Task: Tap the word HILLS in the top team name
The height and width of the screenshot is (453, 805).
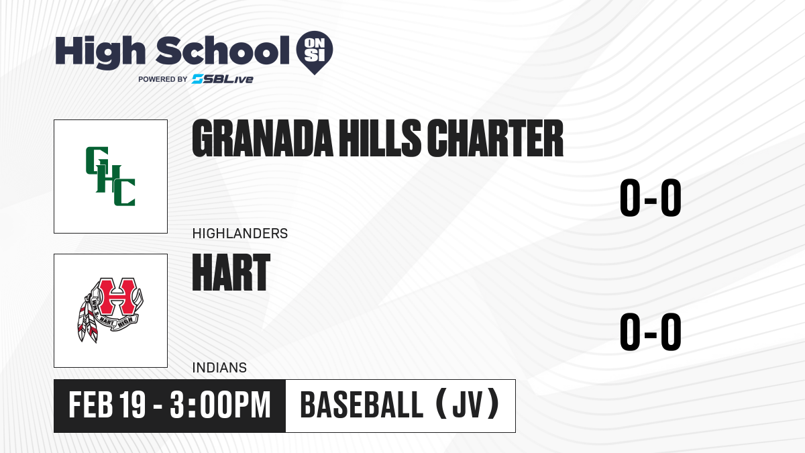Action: pos(380,138)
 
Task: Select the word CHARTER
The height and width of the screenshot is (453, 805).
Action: pos(495,138)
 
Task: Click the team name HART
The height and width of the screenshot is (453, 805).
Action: pos(231,272)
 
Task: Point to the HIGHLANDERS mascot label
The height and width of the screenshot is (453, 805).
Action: pos(240,234)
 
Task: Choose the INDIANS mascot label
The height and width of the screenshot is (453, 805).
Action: pos(219,368)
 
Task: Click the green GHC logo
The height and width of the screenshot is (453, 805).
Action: pos(110,176)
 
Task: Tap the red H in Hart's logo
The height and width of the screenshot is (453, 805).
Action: pos(117,296)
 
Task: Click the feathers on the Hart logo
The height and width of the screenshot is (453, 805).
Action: pos(88,320)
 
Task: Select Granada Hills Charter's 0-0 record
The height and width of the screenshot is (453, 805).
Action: pos(651,198)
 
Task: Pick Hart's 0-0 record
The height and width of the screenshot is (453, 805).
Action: pos(651,332)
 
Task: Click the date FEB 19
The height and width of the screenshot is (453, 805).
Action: pos(107,405)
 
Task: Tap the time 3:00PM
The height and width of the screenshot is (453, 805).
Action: pos(220,405)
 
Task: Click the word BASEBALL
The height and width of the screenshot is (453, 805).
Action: pos(362,405)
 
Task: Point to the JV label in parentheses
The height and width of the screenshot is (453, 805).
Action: pos(467,405)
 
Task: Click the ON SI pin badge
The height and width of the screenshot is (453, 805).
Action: pos(315,51)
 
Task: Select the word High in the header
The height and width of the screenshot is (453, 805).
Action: pos(101,52)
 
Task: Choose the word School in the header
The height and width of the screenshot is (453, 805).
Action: pos(223,50)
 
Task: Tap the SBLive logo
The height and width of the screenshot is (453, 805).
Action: pos(223,79)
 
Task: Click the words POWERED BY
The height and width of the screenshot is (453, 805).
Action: pos(163,79)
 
